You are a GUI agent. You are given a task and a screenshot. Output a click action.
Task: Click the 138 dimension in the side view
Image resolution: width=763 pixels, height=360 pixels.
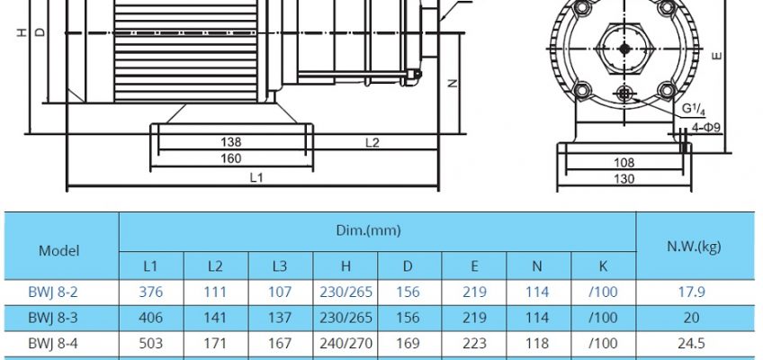point(230,142)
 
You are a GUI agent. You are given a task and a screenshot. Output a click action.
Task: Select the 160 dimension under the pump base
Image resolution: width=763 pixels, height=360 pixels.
point(230,158)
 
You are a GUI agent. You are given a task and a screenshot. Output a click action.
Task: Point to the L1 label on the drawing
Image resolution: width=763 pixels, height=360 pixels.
point(256,177)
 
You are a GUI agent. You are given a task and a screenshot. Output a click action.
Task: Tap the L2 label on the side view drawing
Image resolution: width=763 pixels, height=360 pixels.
point(373,142)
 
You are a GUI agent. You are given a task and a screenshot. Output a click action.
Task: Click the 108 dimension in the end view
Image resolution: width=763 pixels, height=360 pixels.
point(624,163)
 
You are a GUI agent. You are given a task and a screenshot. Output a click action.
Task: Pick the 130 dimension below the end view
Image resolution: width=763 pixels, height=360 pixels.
point(624,178)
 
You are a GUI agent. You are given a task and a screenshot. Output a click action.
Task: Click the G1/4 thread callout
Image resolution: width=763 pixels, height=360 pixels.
point(693,110)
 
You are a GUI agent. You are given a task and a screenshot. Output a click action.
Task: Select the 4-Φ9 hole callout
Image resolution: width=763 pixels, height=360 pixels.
point(705,128)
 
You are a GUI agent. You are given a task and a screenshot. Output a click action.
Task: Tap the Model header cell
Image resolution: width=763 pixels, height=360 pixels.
point(58,250)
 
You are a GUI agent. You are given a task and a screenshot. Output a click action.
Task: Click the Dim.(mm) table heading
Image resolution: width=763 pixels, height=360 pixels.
point(368,230)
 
